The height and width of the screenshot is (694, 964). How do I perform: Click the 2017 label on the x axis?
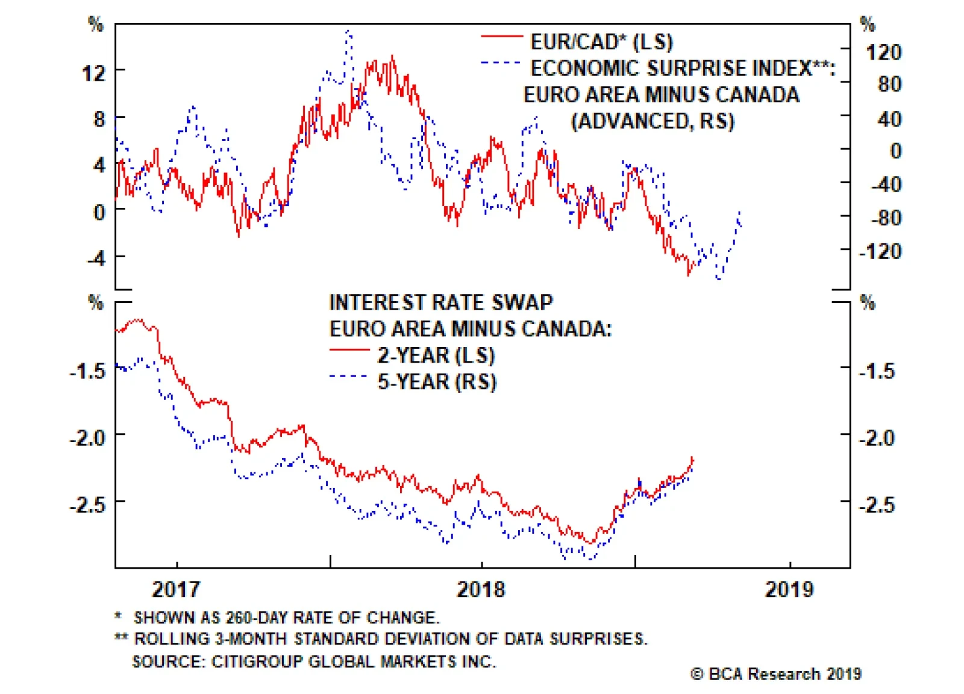[175, 589]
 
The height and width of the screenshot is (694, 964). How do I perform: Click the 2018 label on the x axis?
[481, 589]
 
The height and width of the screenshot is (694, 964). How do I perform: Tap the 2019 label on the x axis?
[789, 589]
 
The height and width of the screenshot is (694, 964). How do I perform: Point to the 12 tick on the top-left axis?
[94, 73]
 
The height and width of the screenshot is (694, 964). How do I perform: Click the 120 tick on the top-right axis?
[883, 52]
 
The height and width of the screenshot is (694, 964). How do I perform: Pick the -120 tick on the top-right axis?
[880, 251]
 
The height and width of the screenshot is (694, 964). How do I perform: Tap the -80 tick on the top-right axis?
[886, 217]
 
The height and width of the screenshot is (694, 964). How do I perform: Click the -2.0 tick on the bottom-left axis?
[88, 437]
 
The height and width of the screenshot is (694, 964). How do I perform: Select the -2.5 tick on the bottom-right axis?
[877, 504]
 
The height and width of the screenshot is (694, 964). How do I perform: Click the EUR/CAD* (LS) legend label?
[601, 42]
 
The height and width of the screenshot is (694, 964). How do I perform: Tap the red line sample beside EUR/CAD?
[501, 37]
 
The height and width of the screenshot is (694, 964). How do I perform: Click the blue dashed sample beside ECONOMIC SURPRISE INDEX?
[501, 63]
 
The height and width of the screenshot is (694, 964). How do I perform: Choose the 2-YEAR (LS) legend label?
[436, 355]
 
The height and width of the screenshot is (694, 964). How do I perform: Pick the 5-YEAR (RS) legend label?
[437, 381]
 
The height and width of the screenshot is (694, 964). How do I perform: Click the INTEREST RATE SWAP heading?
[441, 302]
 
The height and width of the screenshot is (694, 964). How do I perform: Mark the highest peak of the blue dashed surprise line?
[348, 31]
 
